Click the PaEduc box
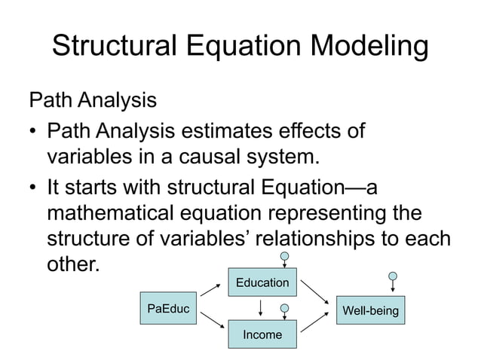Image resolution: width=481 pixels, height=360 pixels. (168, 309)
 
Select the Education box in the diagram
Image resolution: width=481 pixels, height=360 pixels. (262, 282)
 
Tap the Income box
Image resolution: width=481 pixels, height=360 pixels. (262, 334)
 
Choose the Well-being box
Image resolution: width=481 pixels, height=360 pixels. (370, 310)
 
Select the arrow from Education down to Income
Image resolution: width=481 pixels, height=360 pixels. (260, 308)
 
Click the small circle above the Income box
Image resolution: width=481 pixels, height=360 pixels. (284, 308)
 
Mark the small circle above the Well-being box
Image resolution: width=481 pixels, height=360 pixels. (392, 276)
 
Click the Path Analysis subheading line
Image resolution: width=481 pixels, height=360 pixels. (92, 99)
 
